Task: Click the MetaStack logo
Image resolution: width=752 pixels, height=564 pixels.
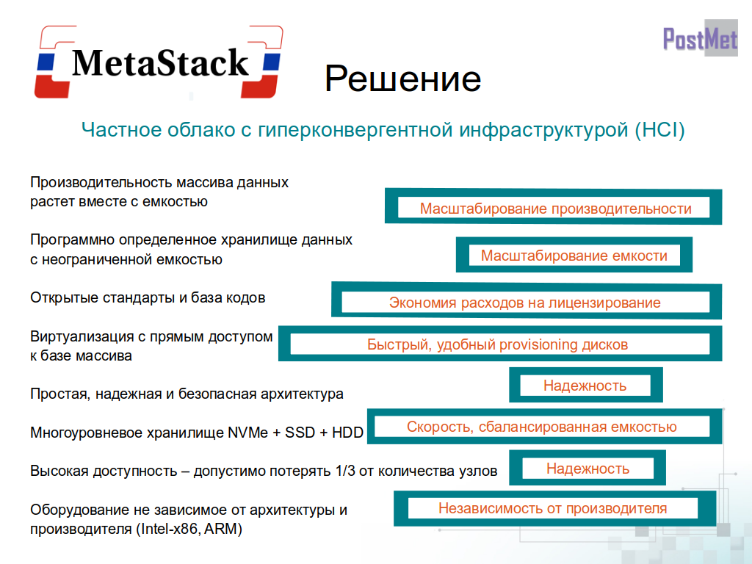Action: [159, 62]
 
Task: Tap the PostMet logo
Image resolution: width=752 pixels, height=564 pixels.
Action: [700, 38]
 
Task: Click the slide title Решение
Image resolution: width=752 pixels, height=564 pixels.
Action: [403, 79]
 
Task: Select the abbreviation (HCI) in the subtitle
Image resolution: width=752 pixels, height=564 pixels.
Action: [660, 130]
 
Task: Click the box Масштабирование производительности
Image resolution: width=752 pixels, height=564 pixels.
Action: [554, 206]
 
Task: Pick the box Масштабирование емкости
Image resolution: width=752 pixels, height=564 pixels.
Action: [574, 255]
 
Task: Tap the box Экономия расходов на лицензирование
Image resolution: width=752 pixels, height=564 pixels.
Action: [527, 301]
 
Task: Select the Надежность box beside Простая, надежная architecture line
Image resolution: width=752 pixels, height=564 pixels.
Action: [585, 385]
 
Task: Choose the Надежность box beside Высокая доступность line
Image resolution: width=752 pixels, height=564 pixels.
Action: [587, 468]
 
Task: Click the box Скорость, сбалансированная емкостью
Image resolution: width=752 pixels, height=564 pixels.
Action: [544, 427]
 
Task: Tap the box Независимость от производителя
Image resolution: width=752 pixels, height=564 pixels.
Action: [555, 508]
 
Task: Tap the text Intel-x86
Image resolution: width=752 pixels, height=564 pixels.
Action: [170, 529]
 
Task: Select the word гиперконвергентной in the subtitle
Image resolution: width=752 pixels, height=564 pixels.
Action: [355, 130]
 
